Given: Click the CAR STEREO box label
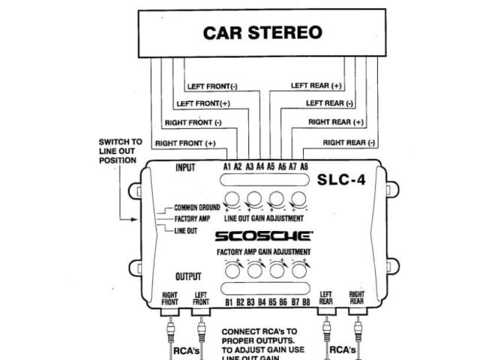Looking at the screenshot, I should point(262,33).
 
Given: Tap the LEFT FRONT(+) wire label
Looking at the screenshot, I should point(202,103).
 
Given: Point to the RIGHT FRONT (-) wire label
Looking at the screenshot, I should point(193,122).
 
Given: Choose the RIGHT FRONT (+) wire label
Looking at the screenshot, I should point(185,142).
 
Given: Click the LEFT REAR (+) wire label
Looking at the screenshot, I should point(316,85).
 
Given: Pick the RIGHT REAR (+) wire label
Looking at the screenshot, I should point(335,121).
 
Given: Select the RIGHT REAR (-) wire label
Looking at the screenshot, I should point(349,142).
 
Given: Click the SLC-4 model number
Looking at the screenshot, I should point(341,180).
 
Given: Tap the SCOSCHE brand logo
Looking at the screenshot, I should point(264,236).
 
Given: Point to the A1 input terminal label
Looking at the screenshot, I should point(227,166).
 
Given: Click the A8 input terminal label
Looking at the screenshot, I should point(304,166).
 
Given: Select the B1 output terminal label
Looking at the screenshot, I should point(229,302).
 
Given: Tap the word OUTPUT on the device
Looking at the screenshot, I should point(187,277).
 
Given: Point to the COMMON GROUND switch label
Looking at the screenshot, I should point(196,208).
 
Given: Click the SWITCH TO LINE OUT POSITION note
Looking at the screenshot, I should point(120,151).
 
